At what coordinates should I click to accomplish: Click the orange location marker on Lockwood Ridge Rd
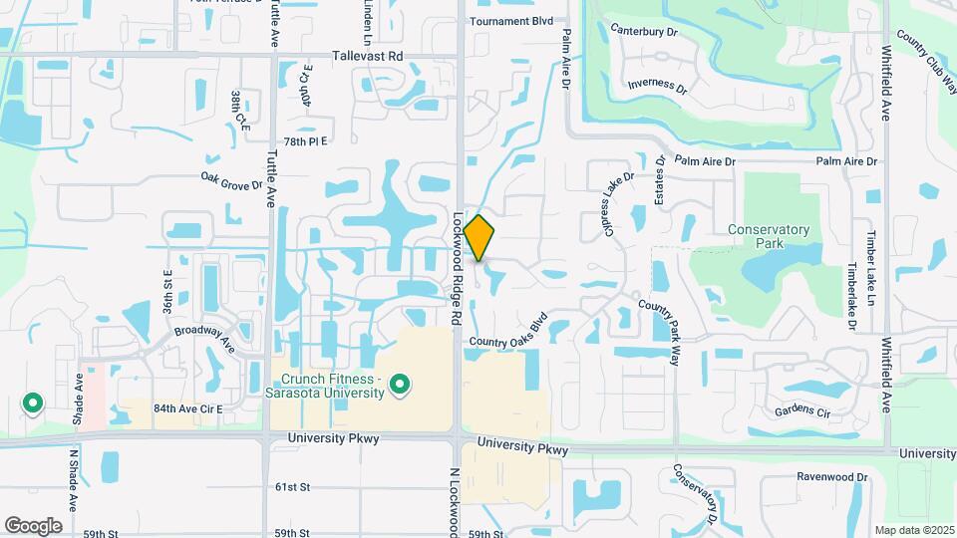pyautogui.click(x=479, y=237)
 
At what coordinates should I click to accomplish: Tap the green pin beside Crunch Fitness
pyautogui.click(x=400, y=384)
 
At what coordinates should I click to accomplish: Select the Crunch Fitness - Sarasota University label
pyautogui.click(x=332, y=386)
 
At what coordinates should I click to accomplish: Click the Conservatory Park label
pyautogui.click(x=768, y=236)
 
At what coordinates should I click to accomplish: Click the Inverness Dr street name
pyautogui.click(x=658, y=85)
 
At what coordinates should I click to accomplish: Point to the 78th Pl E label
pyautogui.click(x=305, y=141)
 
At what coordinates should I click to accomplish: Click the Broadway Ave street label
pyautogui.click(x=203, y=337)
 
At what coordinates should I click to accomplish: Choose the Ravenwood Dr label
pyautogui.click(x=832, y=477)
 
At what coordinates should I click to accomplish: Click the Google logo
pyautogui.click(x=33, y=525)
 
